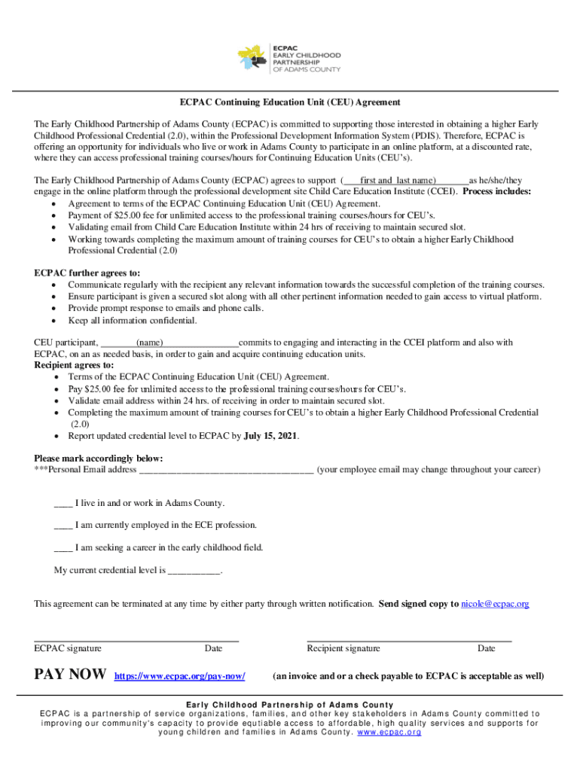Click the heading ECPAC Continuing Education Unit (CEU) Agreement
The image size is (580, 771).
pyautogui.click(x=289, y=102)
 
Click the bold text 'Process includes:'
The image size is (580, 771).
pyautogui.click(x=497, y=192)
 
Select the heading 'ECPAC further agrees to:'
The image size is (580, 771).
pyautogui.click(x=87, y=273)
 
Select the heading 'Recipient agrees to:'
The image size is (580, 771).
pyautogui.click(x=75, y=365)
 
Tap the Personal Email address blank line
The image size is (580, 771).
pyautogui.click(x=226, y=471)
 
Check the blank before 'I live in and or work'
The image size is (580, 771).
pyautogui.click(x=63, y=504)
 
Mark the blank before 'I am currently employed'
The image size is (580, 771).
pyautogui.click(x=63, y=526)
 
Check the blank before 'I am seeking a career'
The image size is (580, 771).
pyautogui.click(x=63, y=548)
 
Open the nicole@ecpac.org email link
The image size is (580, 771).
pyautogui.click(x=495, y=604)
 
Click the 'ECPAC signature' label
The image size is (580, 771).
pyautogui.click(x=69, y=648)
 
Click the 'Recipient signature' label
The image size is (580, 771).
pyautogui.click(x=343, y=648)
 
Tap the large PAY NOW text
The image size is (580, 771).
pyautogui.click(x=71, y=675)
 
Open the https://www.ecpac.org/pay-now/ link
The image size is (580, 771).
pyautogui.click(x=179, y=676)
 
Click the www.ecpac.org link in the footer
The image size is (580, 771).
pyautogui.click(x=389, y=732)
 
